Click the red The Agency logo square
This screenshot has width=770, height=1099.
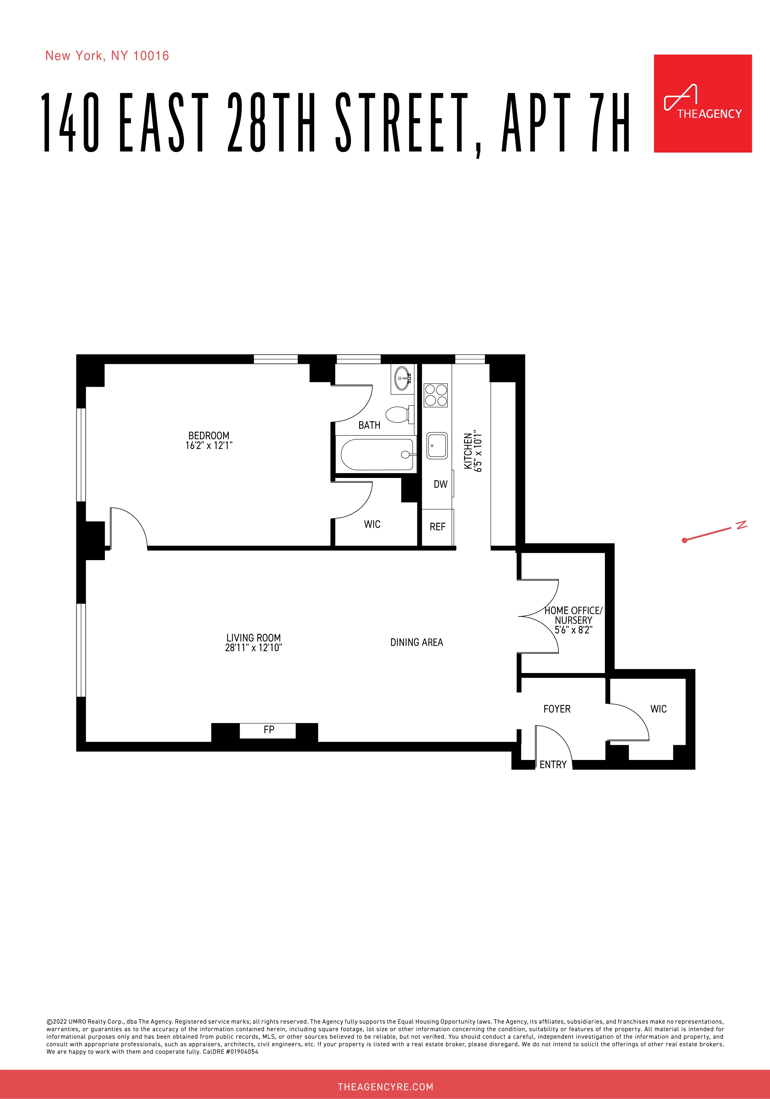703,103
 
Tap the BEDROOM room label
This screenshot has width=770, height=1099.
209,435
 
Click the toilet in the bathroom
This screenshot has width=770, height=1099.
397,415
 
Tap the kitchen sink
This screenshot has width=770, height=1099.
437,446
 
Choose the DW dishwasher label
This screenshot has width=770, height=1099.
440,484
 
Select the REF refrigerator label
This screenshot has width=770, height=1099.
437,527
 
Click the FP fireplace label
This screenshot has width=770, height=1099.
269,729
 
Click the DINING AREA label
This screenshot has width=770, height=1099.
416,642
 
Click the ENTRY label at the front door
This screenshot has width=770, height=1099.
553,764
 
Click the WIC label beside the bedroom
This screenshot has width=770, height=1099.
372,524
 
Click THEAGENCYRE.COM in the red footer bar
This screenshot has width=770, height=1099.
385,1086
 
